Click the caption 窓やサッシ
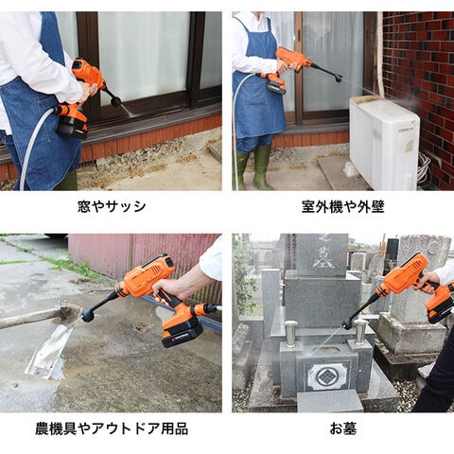112,206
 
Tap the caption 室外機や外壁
342,206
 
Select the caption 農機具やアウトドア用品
112,429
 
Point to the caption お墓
343,429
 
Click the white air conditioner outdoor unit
384,142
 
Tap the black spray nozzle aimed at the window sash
115,101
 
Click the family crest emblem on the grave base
327,376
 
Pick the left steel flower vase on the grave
290,333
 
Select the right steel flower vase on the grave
359,332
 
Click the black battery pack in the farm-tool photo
183,335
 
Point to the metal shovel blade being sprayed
50,350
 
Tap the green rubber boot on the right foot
262,168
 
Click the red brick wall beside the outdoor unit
420,79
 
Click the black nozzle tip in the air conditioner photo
339,78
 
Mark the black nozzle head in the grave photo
347,323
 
